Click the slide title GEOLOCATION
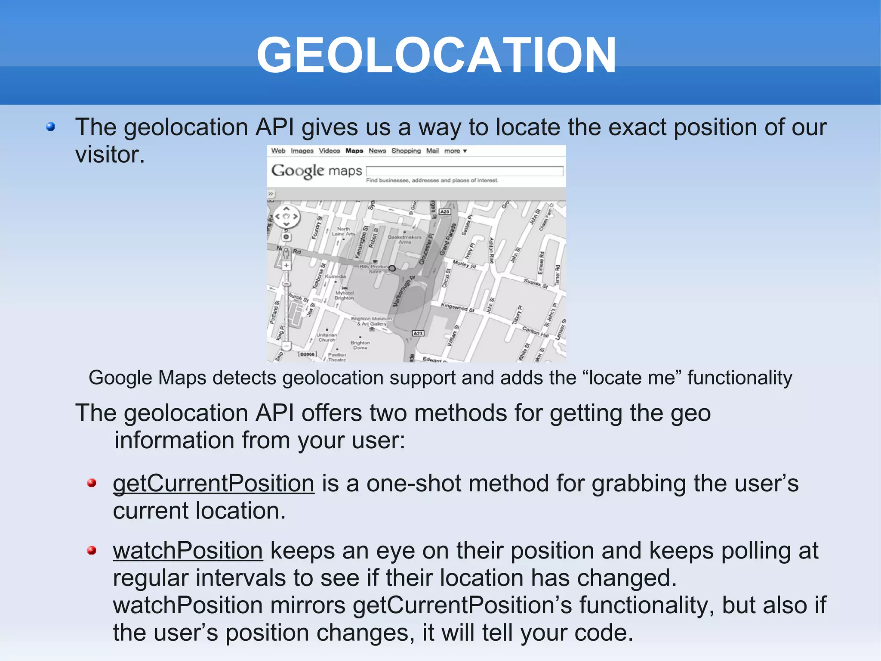click(x=436, y=56)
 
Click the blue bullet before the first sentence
click(x=51, y=127)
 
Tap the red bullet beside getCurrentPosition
click(x=92, y=483)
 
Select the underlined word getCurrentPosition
click(x=213, y=484)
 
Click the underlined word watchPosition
click(x=188, y=551)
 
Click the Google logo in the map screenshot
click(x=297, y=171)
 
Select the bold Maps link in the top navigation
click(x=354, y=151)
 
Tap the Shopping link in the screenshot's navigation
click(x=406, y=151)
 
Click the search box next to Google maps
click(x=464, y=171)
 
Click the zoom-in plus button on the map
click(x=286, y=266)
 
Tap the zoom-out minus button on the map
click(x=286, y=345)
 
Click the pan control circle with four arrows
click(x=286, y=217)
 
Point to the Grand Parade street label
click(x=447, y=239)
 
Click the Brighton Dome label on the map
click(x=360, y=345)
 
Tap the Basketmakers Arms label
click(x=404, y=239)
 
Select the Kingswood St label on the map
click(x=457, y=307)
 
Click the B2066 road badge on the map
click(x=307, y=354)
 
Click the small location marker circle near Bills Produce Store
click(x=392, y=268)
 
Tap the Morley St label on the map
click(x=464, y=264)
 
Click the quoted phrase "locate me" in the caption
click(x=631, y=378)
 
